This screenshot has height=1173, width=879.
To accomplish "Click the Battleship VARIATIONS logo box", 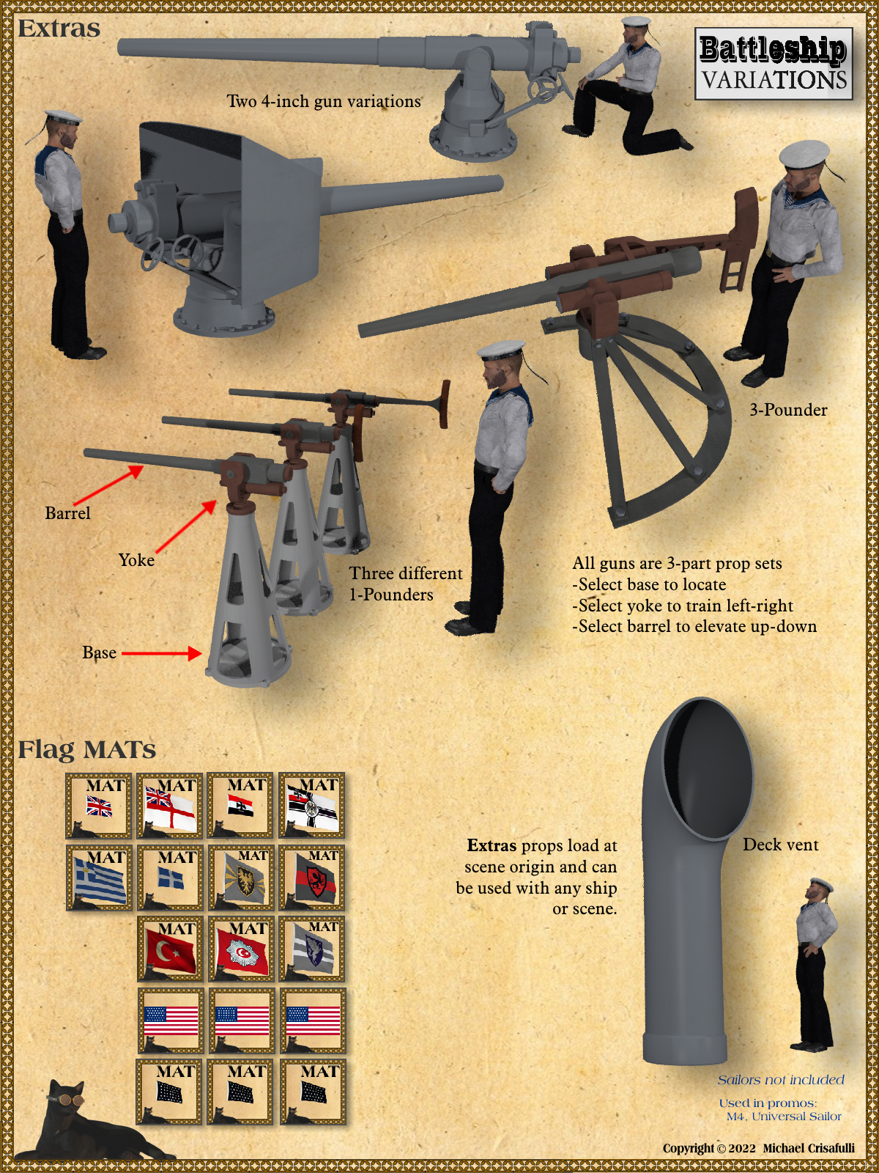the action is [774, 64].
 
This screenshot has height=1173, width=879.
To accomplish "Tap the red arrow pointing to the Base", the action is [162, 653].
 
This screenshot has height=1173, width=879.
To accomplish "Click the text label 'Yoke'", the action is [137, 560].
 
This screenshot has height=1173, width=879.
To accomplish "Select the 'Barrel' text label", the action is [68, 513].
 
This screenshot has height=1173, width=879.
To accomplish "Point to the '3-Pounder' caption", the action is [788, 410].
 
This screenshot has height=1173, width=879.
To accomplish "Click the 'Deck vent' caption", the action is [780, 845].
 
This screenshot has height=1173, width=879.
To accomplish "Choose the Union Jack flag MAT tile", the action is [99, 805].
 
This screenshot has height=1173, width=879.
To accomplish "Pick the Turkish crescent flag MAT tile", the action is [170, 949].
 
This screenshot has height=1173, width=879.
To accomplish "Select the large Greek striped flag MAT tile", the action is [99, 877].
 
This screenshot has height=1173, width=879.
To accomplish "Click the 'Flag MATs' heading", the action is [87, 749].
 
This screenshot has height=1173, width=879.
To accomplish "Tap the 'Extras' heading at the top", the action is [59, 29].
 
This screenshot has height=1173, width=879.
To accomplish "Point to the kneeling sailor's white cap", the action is [637, 22].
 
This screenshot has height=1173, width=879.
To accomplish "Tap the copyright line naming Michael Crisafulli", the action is [758, 1148].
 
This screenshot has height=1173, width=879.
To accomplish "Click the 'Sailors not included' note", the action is [781, 1079].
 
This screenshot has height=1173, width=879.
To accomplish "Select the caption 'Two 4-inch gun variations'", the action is [324, 101].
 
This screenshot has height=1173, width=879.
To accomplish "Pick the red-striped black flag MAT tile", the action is [312, 877].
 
